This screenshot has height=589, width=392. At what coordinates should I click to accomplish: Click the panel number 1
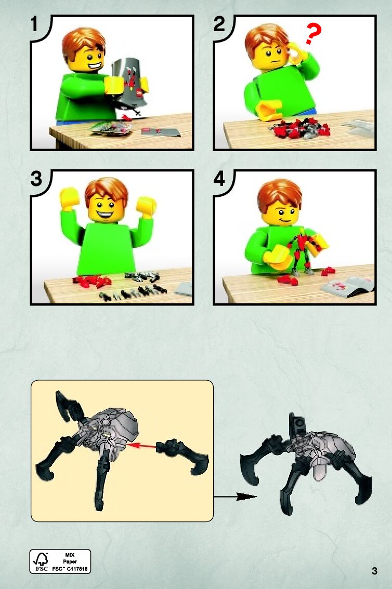point(35,24)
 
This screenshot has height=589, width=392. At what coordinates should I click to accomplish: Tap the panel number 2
point(219,24)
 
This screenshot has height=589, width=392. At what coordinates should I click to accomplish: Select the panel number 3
point(36,179)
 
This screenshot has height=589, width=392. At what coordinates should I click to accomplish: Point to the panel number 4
point(219,179)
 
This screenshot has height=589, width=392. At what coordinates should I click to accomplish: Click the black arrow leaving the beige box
point(236,497)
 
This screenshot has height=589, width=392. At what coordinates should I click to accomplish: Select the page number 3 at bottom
point(374,571)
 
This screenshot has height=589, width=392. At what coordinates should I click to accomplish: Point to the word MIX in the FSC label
point(70,555)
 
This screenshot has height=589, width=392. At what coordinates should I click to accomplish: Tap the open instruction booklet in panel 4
point(348,287)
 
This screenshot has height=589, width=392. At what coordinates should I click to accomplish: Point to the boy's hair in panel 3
point(107,190)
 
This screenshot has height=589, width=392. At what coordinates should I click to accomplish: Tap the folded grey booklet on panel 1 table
point(161,132)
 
